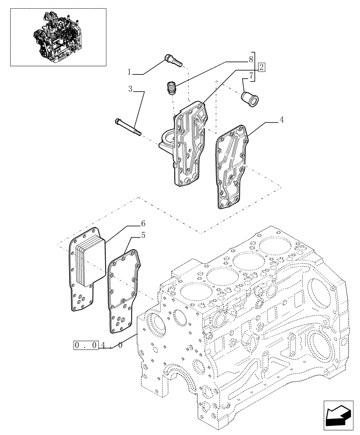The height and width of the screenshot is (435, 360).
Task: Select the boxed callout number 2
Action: click(261, 67)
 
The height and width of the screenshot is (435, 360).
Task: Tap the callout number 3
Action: click(130, 89)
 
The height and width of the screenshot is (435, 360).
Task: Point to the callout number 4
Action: click(282, 120)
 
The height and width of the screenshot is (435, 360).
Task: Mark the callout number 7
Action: click(251, 77)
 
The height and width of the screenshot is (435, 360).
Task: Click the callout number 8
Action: click(251, 58)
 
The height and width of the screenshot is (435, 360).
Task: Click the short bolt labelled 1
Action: click(173, 60)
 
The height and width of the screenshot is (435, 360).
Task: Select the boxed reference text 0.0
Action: click(86, 345)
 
